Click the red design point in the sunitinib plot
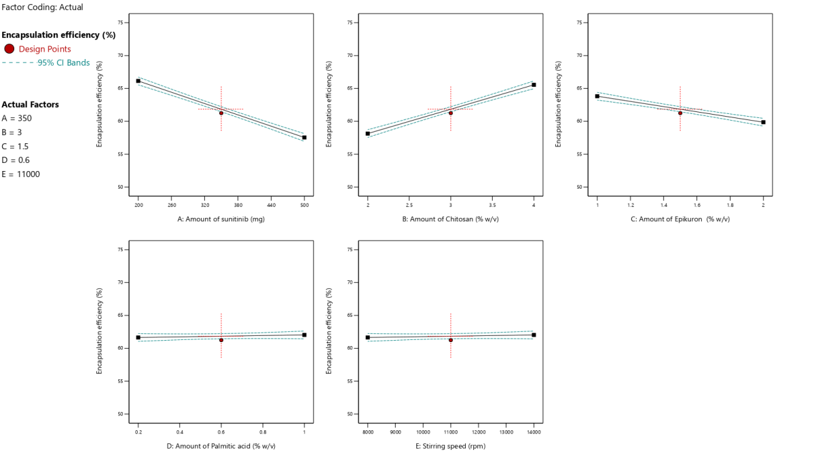[x=221, y=113]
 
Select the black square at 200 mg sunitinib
[x=138, y=81]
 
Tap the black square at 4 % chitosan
[x=534, y=85]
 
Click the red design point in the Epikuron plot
[x=680, y=113]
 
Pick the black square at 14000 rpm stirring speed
[x=534, y=335]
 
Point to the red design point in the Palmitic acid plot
[x=221, y=340]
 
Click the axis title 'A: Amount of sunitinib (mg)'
[x=221, y=219]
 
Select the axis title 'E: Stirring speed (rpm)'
[x=450, y=446]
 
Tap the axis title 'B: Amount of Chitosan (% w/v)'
[x=450, y=219]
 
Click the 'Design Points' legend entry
[x=45, y=49]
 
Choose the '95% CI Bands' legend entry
[x=64, y=63]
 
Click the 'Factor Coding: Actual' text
[x=42, y=7]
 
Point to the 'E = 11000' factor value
[x=21, y=174]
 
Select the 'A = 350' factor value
[x=16, y=118]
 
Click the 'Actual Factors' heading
[x=31, y=105]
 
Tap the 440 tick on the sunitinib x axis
[x=271, y=204]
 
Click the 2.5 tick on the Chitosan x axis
[x=409, y=204]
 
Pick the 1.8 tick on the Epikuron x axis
[x=730, y=204]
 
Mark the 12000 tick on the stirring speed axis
[x=478, y=432]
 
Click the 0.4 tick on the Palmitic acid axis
[x=180, y=432]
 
